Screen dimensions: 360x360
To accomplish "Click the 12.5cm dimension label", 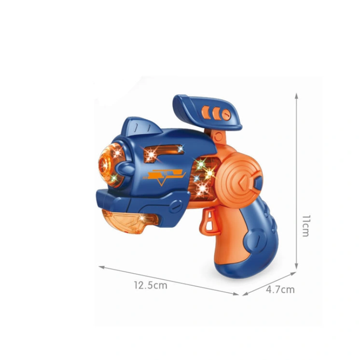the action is tap(151, 285).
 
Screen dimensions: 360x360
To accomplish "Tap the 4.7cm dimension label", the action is tap(280, 289).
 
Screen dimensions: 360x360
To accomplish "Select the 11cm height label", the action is tap(306, 226).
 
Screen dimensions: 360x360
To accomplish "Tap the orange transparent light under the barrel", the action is tap(130, 221).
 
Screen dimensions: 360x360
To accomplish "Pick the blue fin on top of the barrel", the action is tap(142, 127).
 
